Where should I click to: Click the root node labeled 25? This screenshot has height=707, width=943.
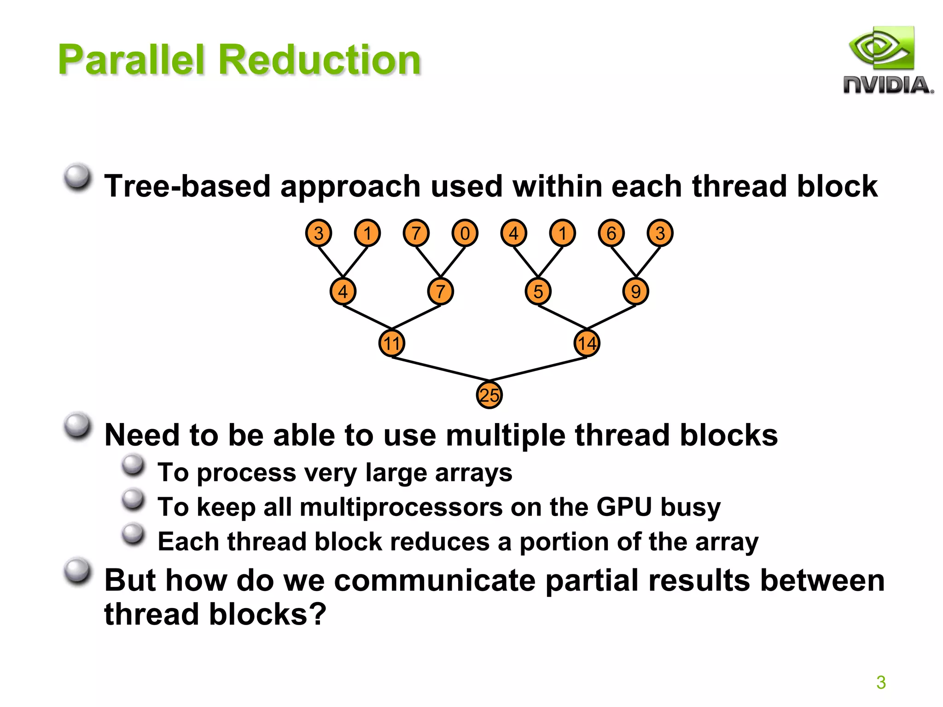click(489, 395)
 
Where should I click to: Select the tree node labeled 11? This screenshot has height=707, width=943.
click(391, 343)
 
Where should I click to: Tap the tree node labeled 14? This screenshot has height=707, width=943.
click(587, 343)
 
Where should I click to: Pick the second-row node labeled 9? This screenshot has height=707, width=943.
click(636, 291)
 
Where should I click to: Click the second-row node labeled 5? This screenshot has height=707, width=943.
click(538, 291)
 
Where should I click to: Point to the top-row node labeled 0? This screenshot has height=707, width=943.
click(465, 233)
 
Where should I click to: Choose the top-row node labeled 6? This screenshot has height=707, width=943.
click(611, 233)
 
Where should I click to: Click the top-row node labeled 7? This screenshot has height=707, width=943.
click(416, 233)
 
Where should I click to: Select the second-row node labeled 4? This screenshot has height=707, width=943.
click(343, 291)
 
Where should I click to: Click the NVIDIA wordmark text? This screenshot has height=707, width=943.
click(888, 86)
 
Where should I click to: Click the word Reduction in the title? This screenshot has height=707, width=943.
click(320, 60)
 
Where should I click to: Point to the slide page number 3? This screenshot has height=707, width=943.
click(881, 682)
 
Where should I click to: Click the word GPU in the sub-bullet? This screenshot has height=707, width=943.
click(624, 507)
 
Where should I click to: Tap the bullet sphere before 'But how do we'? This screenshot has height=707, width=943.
click(77, 572)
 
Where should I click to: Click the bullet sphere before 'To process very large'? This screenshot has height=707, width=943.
click(134, 465)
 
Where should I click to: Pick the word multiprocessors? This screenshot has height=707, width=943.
click(401, 507)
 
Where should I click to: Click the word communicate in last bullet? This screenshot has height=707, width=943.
click(435, 580)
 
